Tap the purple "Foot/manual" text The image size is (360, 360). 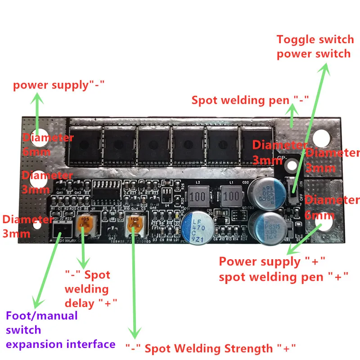[x=42, y=316]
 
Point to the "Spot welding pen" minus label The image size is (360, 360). [x=241, y=100]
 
